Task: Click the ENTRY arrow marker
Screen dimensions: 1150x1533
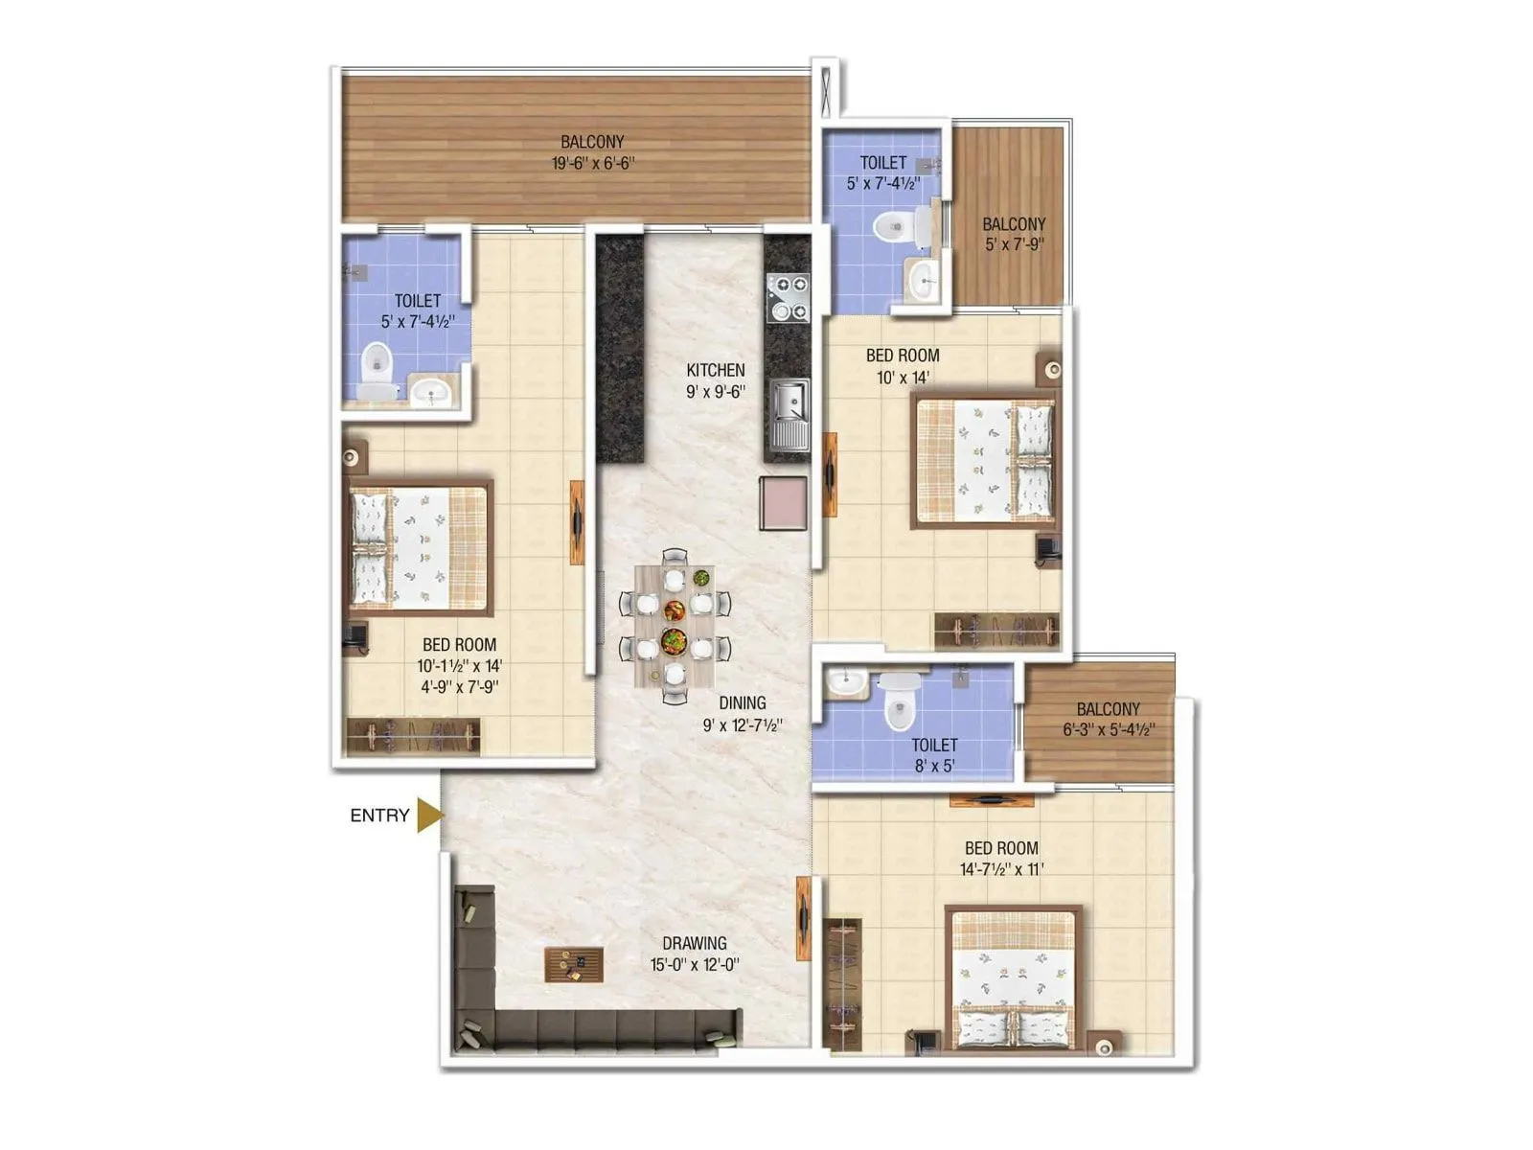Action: click(430, 816)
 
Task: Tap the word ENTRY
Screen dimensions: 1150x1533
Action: click(379, 816)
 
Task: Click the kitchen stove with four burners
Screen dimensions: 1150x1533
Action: click(788, 297)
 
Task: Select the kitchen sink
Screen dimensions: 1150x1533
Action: click(789, 413)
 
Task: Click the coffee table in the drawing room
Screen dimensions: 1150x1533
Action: click(574, 964)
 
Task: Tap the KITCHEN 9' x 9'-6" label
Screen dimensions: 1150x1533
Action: click(716, 380)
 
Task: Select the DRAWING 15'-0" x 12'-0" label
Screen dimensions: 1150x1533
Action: click(695, 954)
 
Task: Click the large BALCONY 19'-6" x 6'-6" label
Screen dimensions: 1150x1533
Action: click(593, 152)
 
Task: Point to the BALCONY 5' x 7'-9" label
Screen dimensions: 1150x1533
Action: click(1014, 234)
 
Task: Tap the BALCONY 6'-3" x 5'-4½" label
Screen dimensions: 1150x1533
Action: click(1109, 719)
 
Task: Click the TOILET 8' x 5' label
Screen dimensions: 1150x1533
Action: click(934, 754)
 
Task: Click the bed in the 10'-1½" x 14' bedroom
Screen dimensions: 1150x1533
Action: click(420, 548)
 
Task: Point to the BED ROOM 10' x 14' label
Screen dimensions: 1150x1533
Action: click(903, 366)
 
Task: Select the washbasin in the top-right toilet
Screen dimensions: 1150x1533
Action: click(925, 280)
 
